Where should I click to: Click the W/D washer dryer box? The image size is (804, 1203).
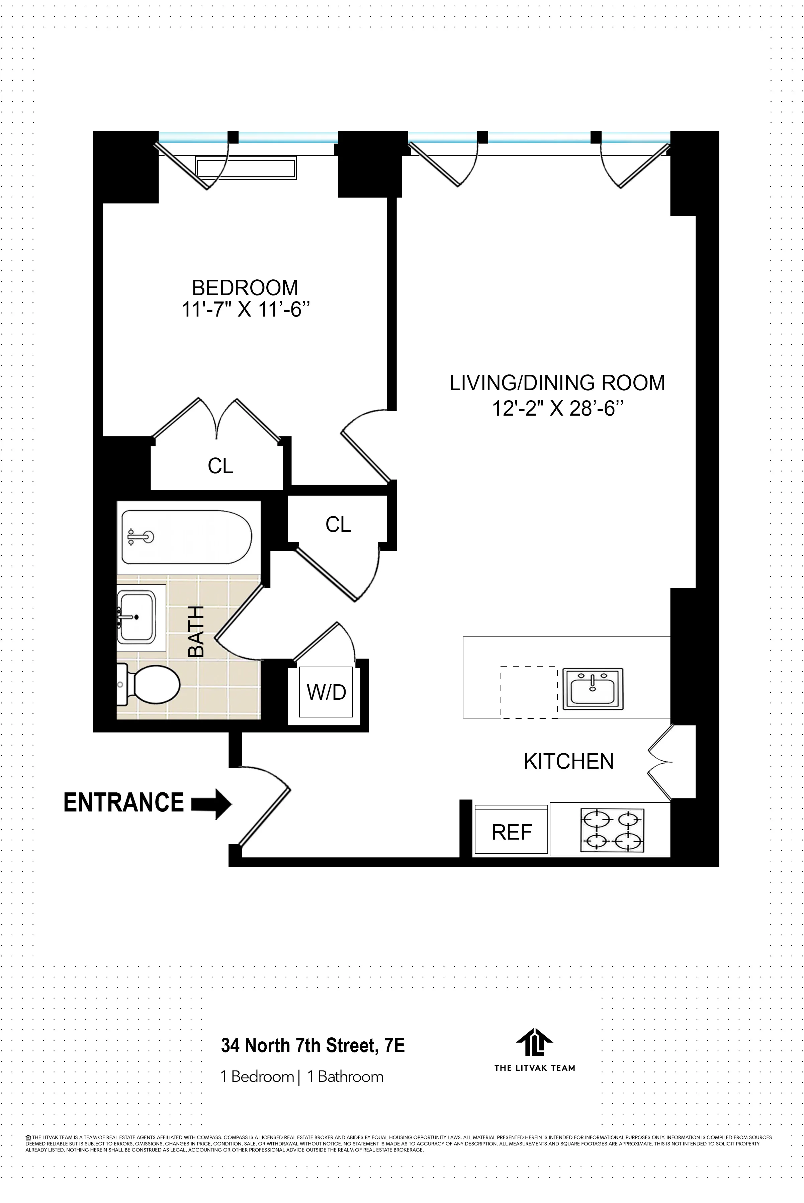(326, 692)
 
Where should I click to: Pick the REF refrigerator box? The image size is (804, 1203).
(511, 832)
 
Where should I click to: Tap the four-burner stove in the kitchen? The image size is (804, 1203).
(612, 830)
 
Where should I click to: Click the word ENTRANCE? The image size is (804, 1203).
(123, 802)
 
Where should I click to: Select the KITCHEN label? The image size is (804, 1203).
(569, 762)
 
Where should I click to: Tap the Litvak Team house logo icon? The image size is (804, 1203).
(534, 1042)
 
